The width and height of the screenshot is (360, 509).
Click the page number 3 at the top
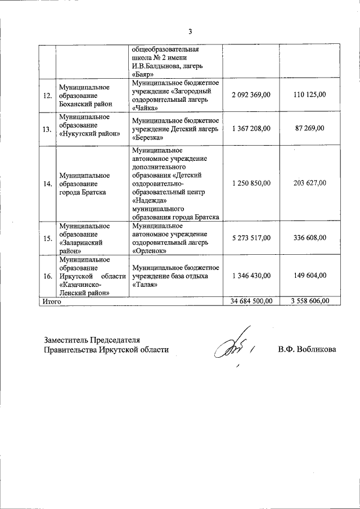[190, 31]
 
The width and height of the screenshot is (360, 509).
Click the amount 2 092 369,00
[251, 94]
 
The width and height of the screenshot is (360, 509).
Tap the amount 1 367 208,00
[251, 129]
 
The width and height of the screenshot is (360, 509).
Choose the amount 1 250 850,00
[251, 183]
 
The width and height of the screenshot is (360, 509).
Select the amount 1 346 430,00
[251, 276]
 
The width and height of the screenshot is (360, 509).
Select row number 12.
[47, 95]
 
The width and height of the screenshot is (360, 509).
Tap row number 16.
[47, 276]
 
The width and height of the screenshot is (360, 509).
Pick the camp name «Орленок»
[148, 250]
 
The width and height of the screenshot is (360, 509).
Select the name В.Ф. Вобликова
[306, 349]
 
